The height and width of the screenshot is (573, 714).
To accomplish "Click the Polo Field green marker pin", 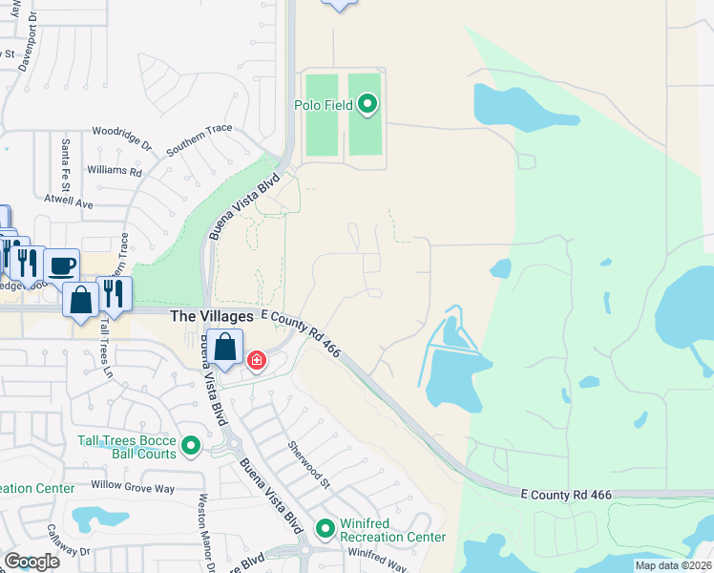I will [x=368, y=105].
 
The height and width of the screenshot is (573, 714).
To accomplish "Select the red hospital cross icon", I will [x=257, y=360].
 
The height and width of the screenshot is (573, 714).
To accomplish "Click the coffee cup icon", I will [x=63, y=265].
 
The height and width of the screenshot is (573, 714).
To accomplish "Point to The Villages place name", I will [x=211, y=316].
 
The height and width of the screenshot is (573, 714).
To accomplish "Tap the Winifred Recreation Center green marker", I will [x=326, y=527].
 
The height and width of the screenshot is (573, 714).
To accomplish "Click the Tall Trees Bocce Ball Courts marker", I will [x=191, y=445].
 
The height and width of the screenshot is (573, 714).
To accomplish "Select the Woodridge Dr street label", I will [x=122, y=138].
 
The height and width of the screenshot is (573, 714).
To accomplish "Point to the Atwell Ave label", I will [x=71, y=203].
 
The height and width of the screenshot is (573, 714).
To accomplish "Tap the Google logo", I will [x=32, y=562].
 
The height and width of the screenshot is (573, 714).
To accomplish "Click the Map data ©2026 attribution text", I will [x=673, y=565].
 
